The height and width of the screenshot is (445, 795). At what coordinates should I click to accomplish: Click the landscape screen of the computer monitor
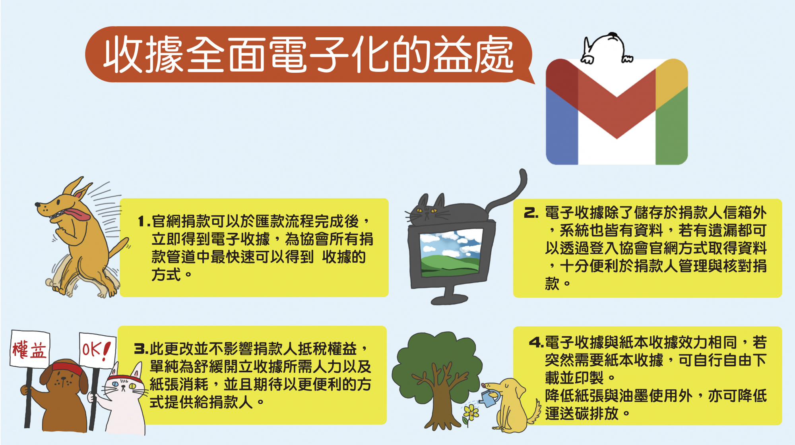450,253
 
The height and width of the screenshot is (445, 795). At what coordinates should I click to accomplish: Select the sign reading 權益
30,349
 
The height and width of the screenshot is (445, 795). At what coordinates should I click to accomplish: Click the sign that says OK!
97,350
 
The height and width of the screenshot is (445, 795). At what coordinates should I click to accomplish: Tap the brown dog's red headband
68,368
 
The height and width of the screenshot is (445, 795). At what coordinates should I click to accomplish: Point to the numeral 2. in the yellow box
531,213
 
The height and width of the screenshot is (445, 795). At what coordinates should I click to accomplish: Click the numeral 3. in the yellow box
141,349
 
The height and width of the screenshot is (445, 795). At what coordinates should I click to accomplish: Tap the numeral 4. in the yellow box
537,342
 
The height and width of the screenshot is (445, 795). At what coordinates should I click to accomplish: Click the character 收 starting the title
123,54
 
